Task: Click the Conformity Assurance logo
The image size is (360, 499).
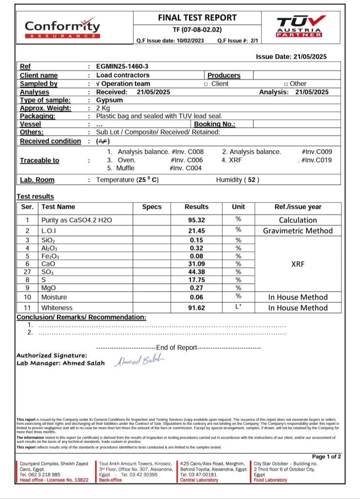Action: point(62,28)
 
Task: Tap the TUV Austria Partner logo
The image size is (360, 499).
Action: point(301,27)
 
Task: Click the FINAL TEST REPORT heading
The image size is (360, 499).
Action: point(197,18)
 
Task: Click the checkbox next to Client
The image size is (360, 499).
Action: point(206,84)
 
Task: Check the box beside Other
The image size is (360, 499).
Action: point(286,84)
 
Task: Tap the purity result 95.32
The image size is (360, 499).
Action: point(196,220)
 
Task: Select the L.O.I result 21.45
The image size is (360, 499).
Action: point(196,230)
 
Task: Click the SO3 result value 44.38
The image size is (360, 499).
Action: point(196,271)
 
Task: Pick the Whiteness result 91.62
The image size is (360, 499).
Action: point(196,307)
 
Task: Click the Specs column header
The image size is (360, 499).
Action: point(152,207)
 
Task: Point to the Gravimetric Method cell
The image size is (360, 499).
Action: point(298,230)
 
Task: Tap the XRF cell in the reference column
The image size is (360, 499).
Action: point(298,264)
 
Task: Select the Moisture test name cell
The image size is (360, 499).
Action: point(54,297)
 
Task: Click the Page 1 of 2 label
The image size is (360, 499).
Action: point(326,457)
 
